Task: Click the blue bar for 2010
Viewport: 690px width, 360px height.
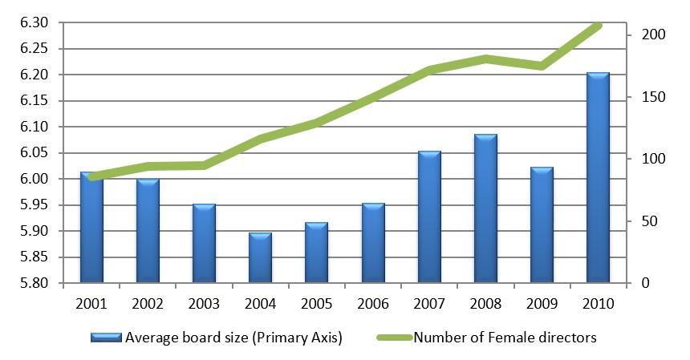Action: tap(598, 178)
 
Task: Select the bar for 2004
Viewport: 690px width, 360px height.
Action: tap(260, 258)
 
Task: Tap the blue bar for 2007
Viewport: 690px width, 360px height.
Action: tap(429, 217)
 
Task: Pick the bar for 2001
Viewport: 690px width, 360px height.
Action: tap(91, 228)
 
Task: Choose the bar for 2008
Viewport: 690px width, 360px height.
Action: tap(485, 208)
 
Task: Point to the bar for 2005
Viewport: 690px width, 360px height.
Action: tap(316, 253)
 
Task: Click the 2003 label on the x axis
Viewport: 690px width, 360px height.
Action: tap(204, 304)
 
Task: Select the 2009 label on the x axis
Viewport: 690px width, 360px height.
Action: tap(542, 304)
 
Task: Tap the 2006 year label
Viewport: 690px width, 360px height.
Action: tap(373, 304)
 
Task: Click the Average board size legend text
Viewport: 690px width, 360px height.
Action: tap(233, 338)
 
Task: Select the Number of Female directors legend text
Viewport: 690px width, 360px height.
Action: tap(505, 338)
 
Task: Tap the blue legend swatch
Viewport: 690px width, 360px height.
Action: tap(107, 338)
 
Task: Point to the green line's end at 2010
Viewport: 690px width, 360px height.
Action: tap(598, 26)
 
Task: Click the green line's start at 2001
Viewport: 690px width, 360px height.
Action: tap(91, 177)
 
